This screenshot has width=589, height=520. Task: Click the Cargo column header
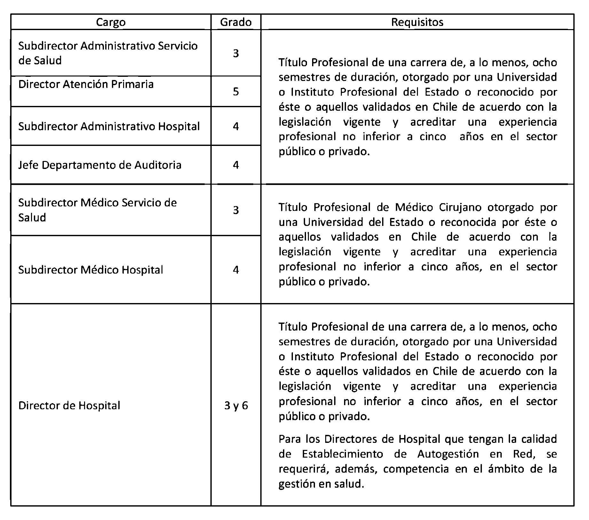111,22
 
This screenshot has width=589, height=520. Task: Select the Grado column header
236,22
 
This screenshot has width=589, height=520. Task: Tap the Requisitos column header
417,22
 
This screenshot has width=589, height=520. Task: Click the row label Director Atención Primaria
86,84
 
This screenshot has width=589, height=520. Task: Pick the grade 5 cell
236,92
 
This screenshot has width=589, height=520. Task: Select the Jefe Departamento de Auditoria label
100,165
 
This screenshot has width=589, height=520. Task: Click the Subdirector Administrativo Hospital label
109,126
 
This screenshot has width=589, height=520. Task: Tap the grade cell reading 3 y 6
236,406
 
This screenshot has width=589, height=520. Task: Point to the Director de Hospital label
69,406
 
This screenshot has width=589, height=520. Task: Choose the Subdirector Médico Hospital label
90,270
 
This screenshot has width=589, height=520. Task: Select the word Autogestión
448,454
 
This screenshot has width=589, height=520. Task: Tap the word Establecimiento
342,454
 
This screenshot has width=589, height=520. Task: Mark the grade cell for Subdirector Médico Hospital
236,270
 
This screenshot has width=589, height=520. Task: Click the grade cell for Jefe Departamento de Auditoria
236,165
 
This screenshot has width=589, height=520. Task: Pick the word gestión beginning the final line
297,484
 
